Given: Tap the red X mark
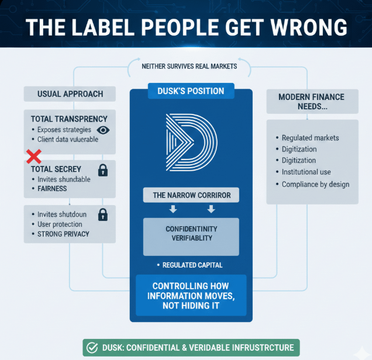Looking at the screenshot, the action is click(34, 157).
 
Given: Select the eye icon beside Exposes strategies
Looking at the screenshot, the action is click(102, 130).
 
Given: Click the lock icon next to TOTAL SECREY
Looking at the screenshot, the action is click(103, 170).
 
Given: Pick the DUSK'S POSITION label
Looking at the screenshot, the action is click(191, 91).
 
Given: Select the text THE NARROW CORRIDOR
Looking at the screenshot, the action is click(191, 195).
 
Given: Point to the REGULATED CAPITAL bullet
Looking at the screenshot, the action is click(191, 265).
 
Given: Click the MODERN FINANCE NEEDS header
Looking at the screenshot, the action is click(311, 102).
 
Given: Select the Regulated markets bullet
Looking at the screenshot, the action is click(310, 138).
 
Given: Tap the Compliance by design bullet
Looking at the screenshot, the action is click(315, 184).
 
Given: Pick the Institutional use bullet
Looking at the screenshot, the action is click(306, 172).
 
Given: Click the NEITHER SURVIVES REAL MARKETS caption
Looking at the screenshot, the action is click(190, 67).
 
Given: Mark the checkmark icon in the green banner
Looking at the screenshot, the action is click(92, 348).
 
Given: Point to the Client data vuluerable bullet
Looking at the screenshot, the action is click(67, 140).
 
